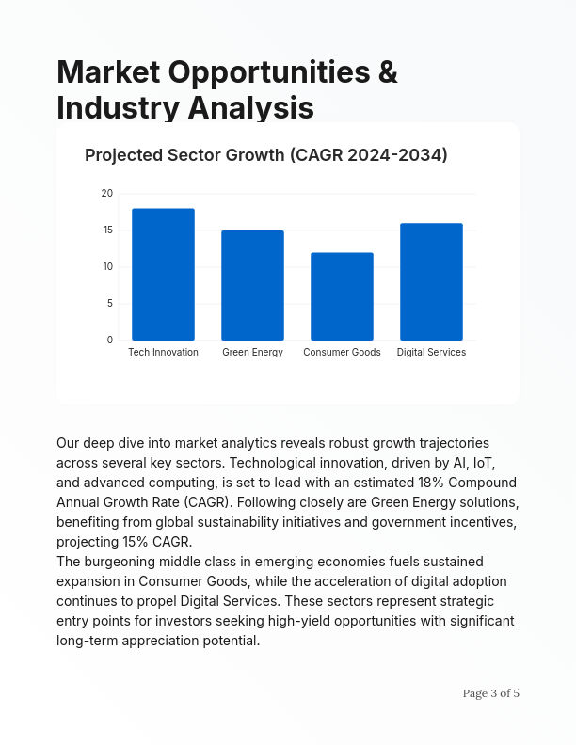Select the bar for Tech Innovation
click(x=163, y=274)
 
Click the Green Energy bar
click(x=252, y=285)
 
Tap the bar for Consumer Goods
click(x=342, y=296)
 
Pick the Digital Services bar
click(x=431, y=281)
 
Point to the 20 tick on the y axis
click(x=107, y=194)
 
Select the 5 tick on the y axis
click(x=109, y=304)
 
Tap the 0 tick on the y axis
click(x=109, y=341)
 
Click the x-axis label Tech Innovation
click(x=163, y=353)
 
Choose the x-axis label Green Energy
click(x=252, y=353)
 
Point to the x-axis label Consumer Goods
click(x=342, y=353)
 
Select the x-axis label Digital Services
click(x=431, y=353)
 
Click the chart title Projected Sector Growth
click(x=265, y=155)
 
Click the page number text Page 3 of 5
click(x=490, y=693)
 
